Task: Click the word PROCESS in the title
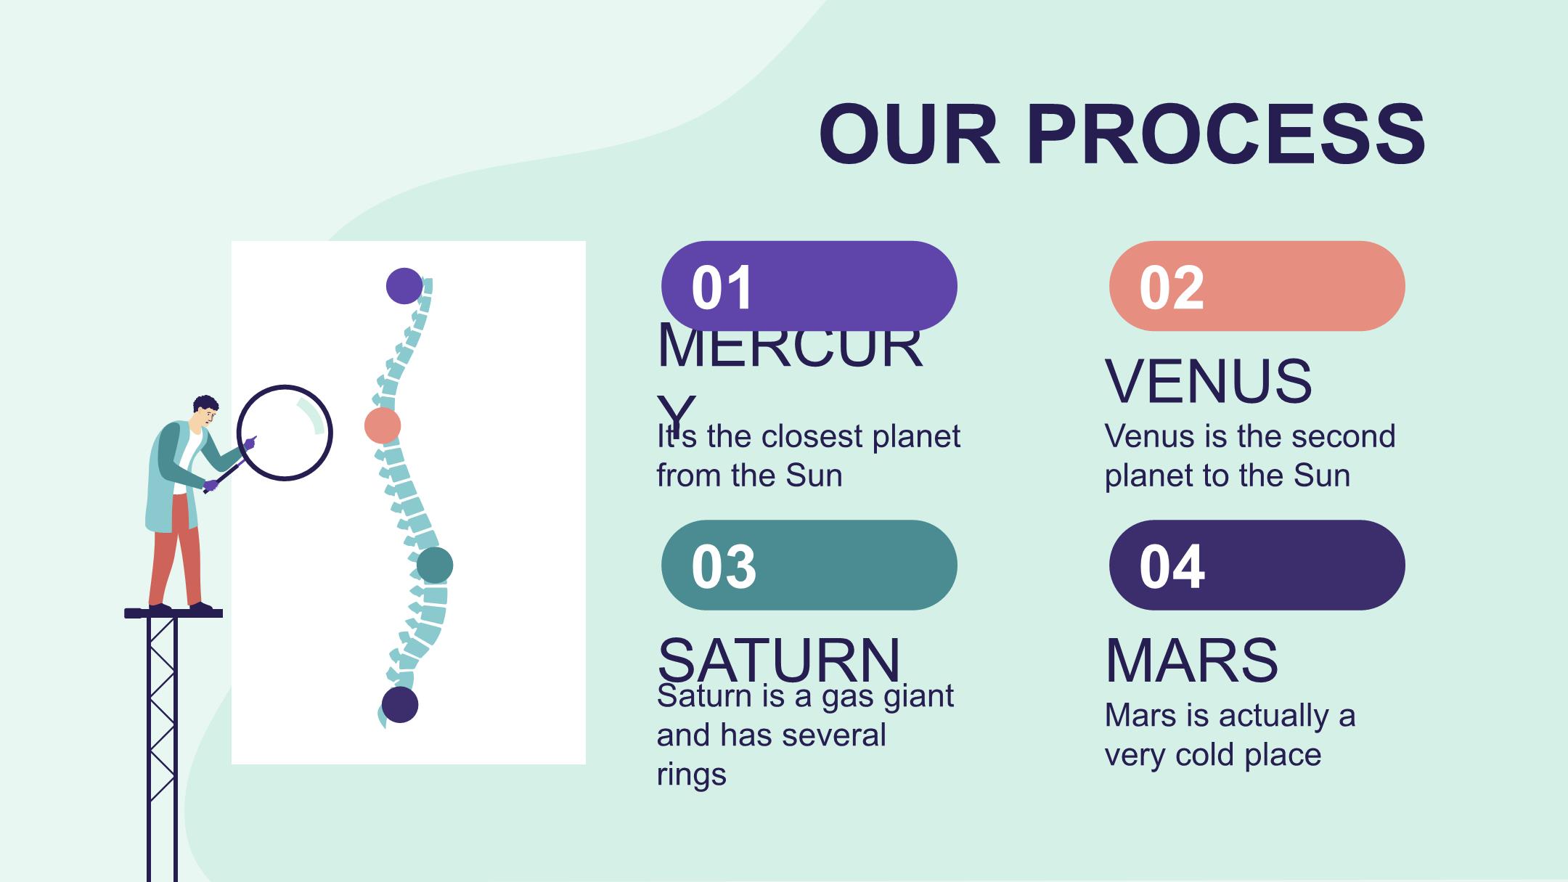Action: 1226,135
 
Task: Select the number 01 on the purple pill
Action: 722,288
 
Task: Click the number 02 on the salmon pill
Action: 1172,288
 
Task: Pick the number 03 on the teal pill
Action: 724,567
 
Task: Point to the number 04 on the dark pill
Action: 1172,567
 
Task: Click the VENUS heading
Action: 1209,381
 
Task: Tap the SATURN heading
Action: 779,660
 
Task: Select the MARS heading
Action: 1191,660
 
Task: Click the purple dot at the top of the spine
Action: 404,286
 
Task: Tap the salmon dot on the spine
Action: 383,425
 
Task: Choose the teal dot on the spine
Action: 435,565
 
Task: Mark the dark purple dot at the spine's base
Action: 400,704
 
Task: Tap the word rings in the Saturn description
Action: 691,775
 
